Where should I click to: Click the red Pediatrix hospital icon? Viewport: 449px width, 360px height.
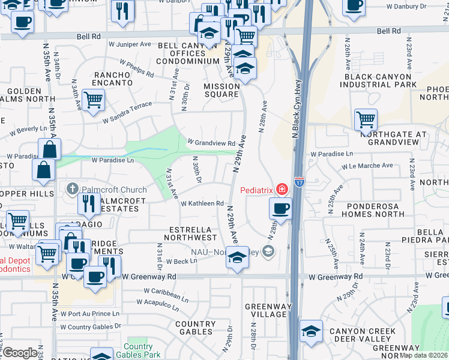[x=282, y=190]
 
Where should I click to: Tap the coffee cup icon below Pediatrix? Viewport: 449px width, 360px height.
[x=280, y=209]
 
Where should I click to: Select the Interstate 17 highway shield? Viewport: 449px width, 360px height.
[x=299, y=180]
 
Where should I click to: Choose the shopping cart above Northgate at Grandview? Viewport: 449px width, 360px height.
[x=366, y=119]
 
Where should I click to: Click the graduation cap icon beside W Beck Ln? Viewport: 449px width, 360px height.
[x=237, y=258]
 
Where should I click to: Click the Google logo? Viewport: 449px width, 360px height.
[x=20, y=353]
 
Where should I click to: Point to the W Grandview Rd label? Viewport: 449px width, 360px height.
[x=211, y=143]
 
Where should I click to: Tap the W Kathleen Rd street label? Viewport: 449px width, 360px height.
[x=202, y=203]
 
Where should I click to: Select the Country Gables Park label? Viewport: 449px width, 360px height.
[x=138, y=351]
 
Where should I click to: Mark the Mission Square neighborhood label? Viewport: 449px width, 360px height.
[x=221, y=90]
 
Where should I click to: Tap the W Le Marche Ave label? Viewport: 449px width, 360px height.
[x=367, y=166]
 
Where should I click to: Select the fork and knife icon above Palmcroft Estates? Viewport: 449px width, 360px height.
[x=88, y=204]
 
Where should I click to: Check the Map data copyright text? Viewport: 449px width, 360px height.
[x=423, y=355]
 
